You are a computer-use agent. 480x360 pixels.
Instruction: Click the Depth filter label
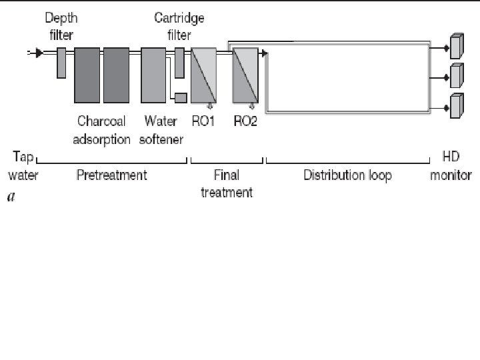pos(59,25)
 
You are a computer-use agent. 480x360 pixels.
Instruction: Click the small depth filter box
pos(61,63)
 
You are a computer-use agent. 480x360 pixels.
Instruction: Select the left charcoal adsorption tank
pos(87,75)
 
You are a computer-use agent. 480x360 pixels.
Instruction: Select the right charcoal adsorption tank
pos(116,75)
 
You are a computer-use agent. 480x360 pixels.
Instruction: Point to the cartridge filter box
pos(179,54)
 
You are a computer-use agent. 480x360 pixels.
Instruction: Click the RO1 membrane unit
pos(203,75)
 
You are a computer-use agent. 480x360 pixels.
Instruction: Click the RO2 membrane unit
pos(244,75)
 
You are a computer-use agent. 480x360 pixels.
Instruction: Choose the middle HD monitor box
pos(456,76)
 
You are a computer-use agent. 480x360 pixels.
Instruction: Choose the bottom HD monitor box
pos(456,107)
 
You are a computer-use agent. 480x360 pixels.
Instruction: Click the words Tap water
pos(23,167)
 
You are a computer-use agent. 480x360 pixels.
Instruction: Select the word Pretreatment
pos(112,175)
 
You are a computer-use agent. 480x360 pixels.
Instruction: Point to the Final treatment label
pos(227,184)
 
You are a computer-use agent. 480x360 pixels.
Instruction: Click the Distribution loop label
pos(347,175)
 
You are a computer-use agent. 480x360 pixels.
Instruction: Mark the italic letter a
pos(11,197)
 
